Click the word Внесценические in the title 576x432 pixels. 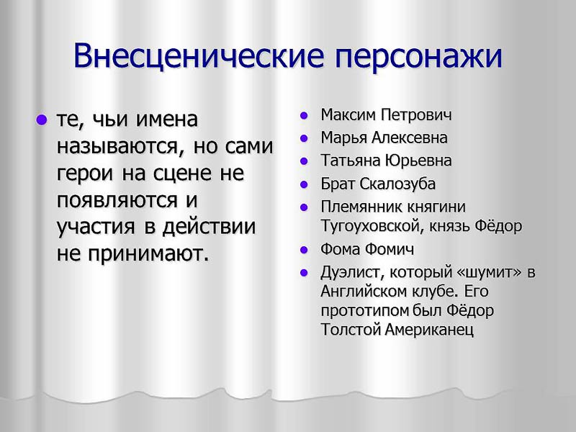tap(199, 56)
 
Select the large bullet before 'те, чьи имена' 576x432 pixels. tap(41, 120)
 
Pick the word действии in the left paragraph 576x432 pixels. tap(209, 227)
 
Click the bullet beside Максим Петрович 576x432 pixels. tap(304, 115)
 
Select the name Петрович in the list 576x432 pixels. tap(416, 115)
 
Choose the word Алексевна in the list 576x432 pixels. tap(409, 138)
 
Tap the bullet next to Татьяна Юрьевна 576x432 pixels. tap(304, 161)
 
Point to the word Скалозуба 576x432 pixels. tap(397, 184)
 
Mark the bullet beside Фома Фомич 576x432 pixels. tap(304, 250)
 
